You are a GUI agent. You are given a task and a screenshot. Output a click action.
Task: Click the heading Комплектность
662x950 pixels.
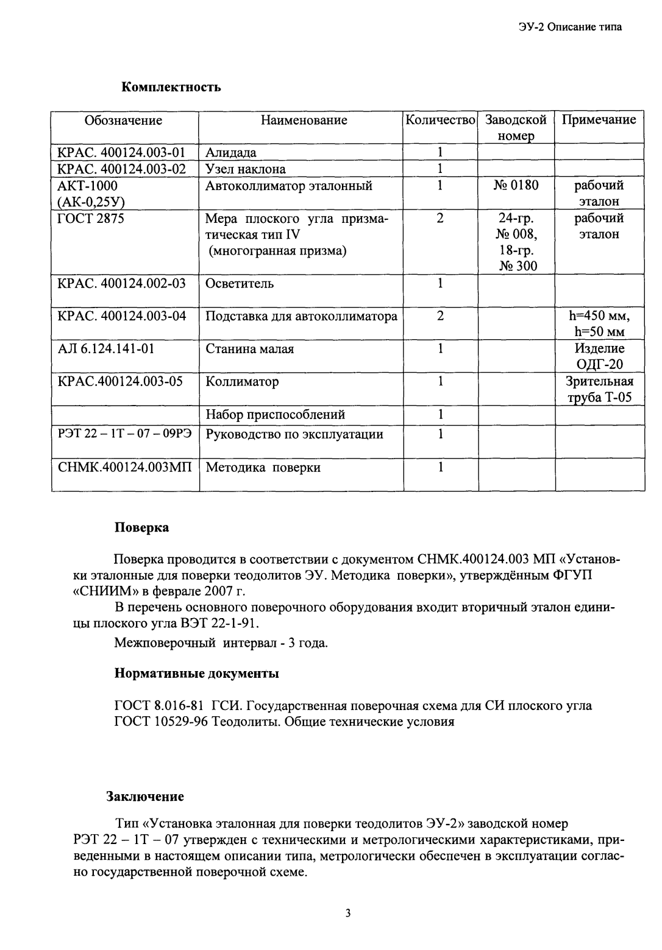click(x=171, y=87)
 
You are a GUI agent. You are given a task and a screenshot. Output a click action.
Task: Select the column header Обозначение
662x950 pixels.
click(x=123, y=120)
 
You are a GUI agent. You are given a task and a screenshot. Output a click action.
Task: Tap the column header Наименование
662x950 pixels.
click(x=304, y=120)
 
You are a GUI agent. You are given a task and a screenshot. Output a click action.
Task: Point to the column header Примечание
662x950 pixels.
click(x=599, y=119)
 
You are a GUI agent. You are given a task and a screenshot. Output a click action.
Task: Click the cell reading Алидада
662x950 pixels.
click(x=231, y=152)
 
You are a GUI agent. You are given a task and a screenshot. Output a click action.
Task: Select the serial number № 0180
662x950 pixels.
click(x=515, y=185)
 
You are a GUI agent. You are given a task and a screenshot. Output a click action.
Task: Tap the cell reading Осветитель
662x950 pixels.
click(x=240, y=283)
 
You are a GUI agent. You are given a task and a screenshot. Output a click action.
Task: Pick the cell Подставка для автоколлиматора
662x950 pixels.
click(x=301, y=316)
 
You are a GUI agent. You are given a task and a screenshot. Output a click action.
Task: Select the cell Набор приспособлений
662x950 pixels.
click(x=276, y=415)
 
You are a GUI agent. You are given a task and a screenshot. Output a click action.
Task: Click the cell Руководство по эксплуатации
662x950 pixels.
click(x=294, y=434)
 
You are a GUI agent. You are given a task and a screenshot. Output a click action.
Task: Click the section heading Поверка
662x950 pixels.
click(x=142, y=527)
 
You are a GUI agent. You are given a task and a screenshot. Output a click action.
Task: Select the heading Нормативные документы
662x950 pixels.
click(x=197, y=674)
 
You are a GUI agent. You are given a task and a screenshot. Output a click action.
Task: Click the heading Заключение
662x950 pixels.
click(x=145, y=796)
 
